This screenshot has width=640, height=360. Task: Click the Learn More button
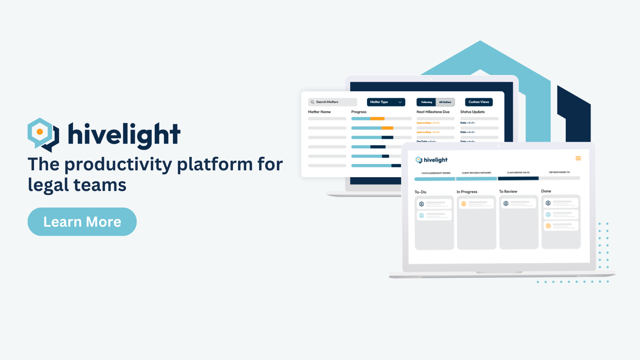82,222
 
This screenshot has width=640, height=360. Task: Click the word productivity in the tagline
118,164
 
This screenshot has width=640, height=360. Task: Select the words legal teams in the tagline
77,185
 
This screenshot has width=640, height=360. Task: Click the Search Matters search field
332,102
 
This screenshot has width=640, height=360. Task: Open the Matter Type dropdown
386,102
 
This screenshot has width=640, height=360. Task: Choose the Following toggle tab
426,102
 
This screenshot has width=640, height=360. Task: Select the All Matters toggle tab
445,102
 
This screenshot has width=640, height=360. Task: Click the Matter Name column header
319,112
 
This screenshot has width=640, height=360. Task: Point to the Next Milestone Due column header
433,112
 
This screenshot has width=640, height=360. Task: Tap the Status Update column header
472,112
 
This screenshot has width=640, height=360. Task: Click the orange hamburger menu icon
578,158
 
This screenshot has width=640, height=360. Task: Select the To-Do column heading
420,192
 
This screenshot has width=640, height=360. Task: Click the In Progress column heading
467,192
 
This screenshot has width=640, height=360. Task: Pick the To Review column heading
508,191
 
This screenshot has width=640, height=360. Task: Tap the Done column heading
546,191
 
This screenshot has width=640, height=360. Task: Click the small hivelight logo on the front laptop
431,160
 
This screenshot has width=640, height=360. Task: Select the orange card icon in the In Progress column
463,204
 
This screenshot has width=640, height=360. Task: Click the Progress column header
359,112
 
